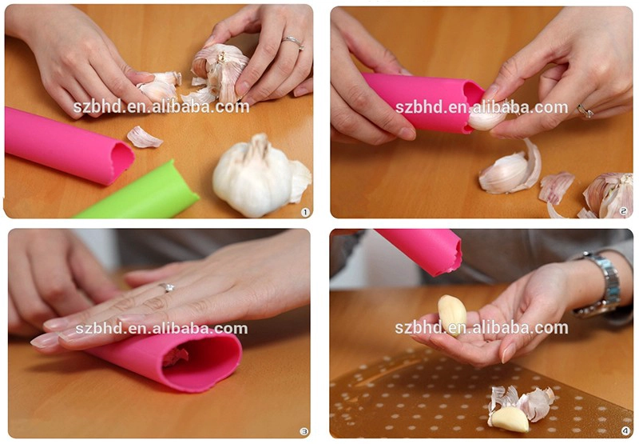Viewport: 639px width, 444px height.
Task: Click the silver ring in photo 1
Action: coord(293,42)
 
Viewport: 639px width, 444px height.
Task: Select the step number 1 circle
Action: coord(305,212)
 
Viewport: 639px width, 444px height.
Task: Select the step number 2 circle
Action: coord(623,211)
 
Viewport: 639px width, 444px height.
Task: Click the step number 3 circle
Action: coord(304,431)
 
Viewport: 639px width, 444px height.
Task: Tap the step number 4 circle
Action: coord(625,431)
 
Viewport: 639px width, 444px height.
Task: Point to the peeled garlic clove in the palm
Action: coord(452,314)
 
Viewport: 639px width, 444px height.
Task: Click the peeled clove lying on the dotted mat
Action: coord(509,418)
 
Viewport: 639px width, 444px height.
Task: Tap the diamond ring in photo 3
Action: coord(167,287)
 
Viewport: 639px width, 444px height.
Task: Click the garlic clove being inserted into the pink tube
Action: coord(486,118)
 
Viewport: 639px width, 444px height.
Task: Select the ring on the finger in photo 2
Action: coord(585,111)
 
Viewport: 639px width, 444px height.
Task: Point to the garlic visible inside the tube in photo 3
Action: coord(176,357)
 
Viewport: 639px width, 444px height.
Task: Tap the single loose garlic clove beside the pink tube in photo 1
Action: coord(144,137)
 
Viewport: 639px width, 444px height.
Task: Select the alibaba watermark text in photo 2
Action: coord(482,107)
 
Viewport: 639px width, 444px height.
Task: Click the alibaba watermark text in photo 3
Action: coord(161,329)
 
